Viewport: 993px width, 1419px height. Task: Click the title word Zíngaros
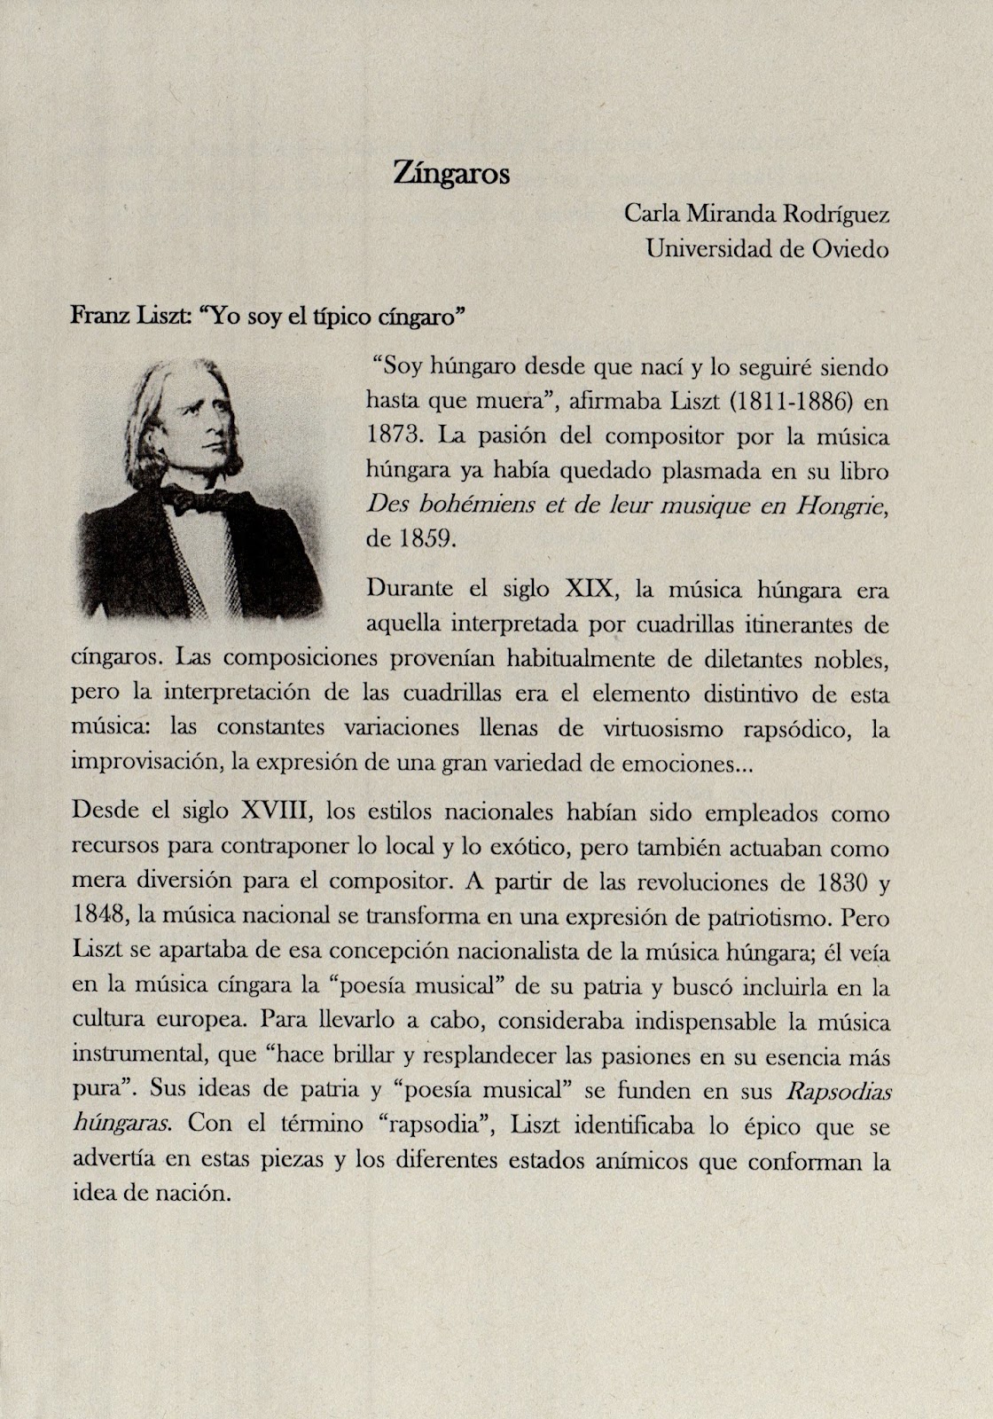pyautogui.click(x=451, y=174)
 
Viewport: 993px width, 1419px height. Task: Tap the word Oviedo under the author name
pyautogui.click(x=850, y=249)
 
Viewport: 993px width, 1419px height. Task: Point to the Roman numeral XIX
pyautogui.click(x=586, y=589)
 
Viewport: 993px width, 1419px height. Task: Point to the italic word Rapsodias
pyautogui.click(x=839, y=1092)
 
